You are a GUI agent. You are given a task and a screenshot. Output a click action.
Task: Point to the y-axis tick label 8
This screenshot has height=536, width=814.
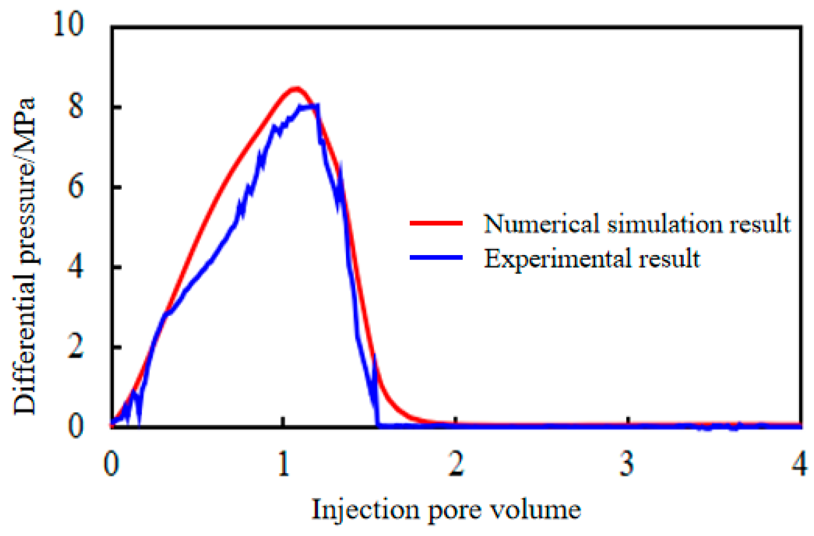coord(76,107)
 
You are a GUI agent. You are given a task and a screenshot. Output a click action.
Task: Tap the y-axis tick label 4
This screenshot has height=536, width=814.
coord(76,267)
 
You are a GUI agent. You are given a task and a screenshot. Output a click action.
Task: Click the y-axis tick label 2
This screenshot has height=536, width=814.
coord(76,346)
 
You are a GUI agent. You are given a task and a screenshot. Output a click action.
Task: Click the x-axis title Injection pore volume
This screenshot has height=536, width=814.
coord(446,510)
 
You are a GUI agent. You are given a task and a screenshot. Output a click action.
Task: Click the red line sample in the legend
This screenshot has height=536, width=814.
coord(436,223)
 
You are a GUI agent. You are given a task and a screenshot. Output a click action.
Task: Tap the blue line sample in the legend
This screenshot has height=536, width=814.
coord(436,258)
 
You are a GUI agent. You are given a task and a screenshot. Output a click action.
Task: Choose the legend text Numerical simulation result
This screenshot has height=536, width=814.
coord(637,224)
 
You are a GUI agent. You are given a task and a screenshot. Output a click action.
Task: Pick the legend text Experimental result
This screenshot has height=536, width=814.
coord(592,259)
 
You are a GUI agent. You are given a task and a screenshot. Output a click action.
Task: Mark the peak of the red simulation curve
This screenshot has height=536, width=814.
coord(296,89)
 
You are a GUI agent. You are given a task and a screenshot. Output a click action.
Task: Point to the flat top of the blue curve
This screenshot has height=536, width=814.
coord(309,105)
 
